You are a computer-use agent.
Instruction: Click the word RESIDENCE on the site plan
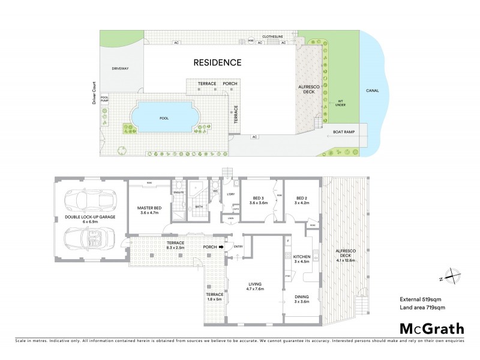coord(217,62)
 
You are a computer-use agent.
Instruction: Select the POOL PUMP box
coord(104,100)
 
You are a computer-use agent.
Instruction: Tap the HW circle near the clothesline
coord(251,41)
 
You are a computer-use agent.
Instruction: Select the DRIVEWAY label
coord(120,69)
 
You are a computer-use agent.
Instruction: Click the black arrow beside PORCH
coord(221,246)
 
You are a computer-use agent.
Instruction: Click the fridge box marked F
coord(289,241)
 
